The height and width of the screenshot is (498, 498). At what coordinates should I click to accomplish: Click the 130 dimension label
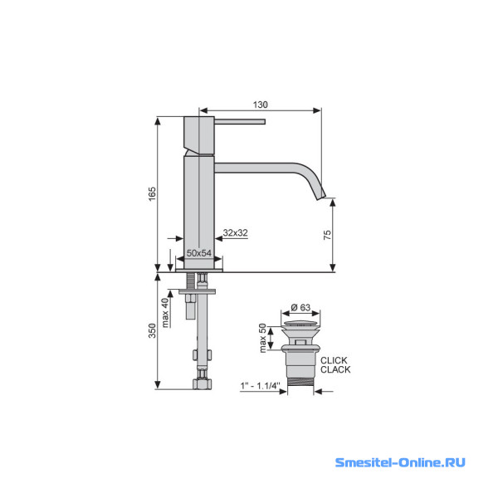[x=260, y=105]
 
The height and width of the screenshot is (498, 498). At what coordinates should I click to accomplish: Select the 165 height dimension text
[x=153, y=193]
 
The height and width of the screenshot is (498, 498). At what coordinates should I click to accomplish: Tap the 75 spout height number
[x=327, y=235]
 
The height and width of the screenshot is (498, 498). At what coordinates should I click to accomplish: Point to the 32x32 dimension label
[x=236, y=232]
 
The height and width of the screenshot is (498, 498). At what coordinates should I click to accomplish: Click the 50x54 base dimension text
[x=199, y=253]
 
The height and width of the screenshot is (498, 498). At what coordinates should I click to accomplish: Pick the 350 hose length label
[x=153, y=330]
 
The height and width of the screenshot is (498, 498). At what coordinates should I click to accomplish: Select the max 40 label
[x=165, y=313]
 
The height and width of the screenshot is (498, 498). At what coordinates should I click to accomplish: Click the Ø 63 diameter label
[x=300, y=307]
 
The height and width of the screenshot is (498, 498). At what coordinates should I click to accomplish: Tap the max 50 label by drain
[x=262, y=338]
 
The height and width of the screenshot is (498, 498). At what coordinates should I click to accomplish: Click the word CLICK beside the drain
[x=334, y=360]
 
